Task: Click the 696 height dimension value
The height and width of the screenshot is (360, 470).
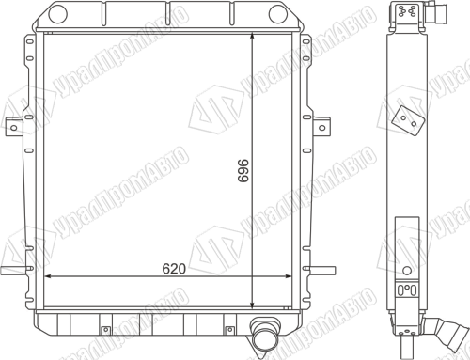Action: pyautogui.click(x=243, y=171)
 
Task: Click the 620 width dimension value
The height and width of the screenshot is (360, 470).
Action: pyautogui.click(x=174, y=269)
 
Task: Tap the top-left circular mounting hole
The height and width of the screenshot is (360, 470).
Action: pyautogui.click(x=58, y=14)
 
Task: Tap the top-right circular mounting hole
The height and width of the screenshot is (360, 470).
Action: pyautogui.click(x=278, y=14)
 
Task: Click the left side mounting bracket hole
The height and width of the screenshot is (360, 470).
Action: pyautogui.click(x=14, y=128)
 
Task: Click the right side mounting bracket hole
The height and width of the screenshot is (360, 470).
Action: pyautogui.click(x=321, y=128)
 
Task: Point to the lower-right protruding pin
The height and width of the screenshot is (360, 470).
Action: pyautogui.click(x=321, y=270)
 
